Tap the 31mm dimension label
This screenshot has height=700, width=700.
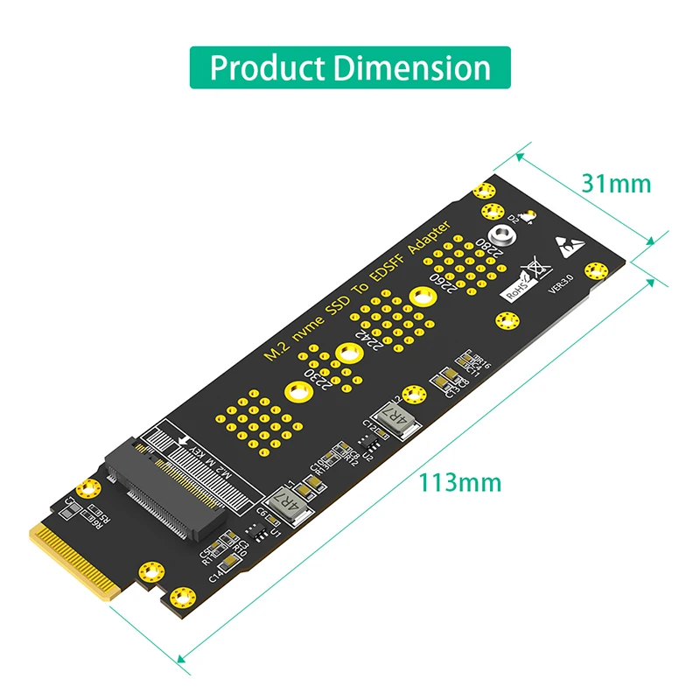tap(616, 183)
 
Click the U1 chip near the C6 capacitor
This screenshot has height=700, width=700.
tap(256, 528)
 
